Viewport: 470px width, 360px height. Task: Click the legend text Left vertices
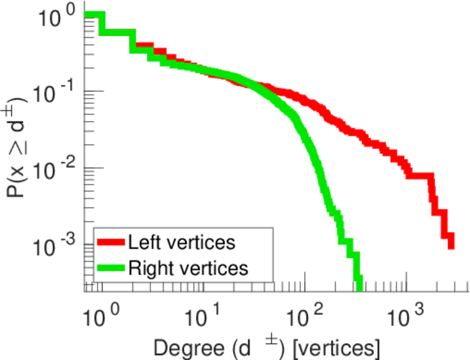(182, 243)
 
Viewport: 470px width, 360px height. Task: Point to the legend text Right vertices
(188, 268)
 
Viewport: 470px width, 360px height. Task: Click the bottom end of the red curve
(450, 244)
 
